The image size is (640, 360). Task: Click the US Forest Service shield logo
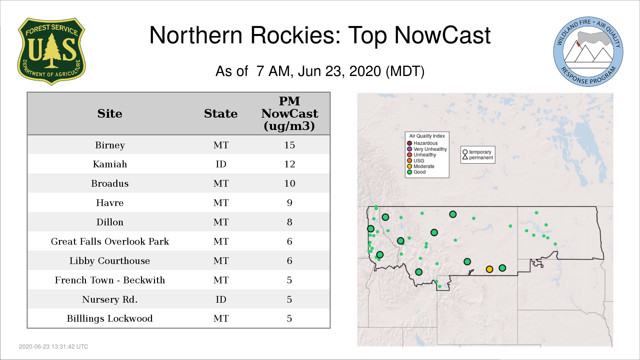click(x=51, y=51)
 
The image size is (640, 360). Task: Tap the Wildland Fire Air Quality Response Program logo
click(x=588, y=52)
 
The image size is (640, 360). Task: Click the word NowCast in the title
click(x=442, y=35)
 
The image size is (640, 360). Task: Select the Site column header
click(x=110, y=114)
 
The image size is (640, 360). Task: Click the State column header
click(x=221, y=114)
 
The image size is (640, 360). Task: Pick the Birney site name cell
click(x=110, y=145)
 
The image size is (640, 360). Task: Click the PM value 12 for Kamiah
click(x=289, y=164)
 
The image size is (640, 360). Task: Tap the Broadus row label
click(x=110, y=183)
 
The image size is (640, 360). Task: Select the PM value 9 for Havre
click(x=289, y=203)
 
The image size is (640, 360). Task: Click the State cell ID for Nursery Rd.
click(x=221, y=299)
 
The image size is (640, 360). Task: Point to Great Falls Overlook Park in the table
click(x=110, y=241)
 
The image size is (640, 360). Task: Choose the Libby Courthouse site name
click(x=110, y=261)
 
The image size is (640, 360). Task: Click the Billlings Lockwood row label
click(x=110, y=318)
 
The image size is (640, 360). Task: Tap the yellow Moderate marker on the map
click(x=489, y=269)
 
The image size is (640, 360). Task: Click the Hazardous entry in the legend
click(x=422, y=143)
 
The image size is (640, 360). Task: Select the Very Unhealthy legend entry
click(x=427, y=149)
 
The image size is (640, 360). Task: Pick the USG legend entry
click(x=416, y=161)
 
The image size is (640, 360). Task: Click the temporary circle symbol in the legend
click(x=465, y=152)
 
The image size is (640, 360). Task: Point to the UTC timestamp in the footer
click(x=54, y=347)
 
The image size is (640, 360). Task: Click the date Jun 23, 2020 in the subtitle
click(x=339, y=71)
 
